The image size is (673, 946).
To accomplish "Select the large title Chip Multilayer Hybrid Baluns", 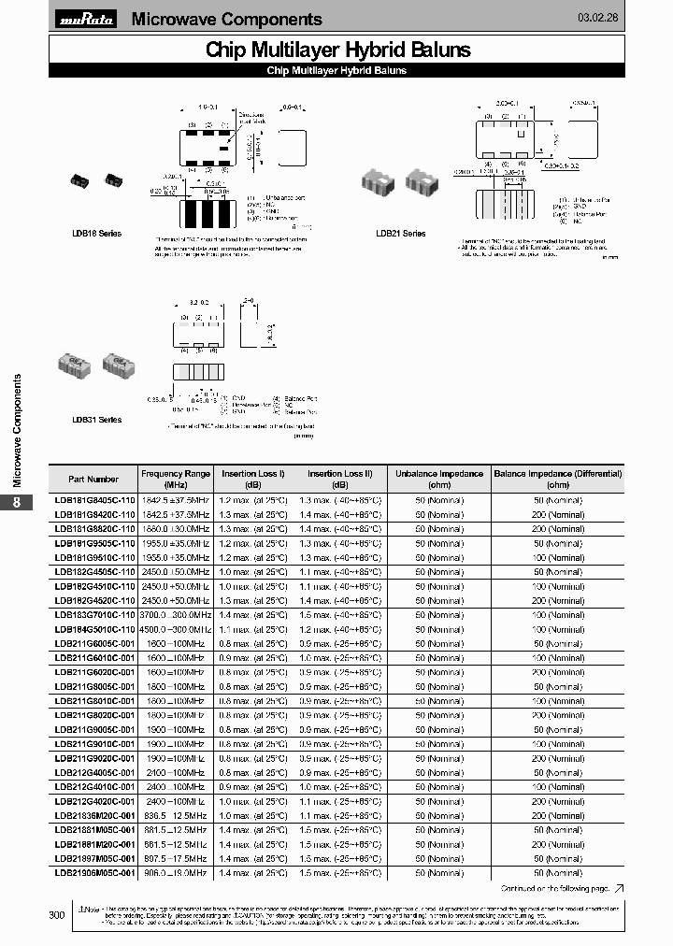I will click(337, 50).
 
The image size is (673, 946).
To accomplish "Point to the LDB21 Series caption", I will click(400, 233).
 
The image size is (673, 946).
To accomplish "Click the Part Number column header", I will click(95, 479).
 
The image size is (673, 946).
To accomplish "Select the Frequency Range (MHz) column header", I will click(176, 479).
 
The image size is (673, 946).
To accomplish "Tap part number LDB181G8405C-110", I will click(95, 500).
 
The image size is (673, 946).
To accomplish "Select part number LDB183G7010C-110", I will click(95, 615).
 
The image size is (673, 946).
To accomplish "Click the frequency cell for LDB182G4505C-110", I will click(176, 571).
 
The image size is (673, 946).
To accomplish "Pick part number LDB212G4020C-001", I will click(95, 801).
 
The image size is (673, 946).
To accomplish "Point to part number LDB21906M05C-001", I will click(95, 872).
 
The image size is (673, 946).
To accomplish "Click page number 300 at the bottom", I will click(57, 915).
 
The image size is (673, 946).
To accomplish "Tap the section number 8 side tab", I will click(16, 503).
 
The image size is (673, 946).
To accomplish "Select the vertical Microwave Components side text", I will click(16, 430).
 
